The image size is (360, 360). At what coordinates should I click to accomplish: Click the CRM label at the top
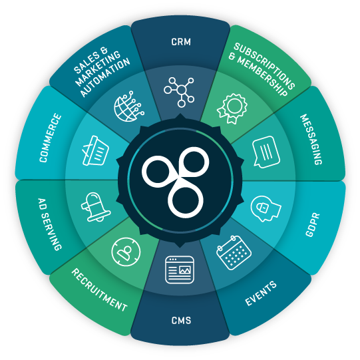[x=181, y=42]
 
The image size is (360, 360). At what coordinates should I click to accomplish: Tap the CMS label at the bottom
[x=181, y=320]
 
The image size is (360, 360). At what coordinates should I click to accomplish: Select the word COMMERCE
[x=51, y=138]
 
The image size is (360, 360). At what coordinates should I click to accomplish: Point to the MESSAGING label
[x=311, y=139]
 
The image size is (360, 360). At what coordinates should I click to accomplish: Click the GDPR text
[x=313, y=224]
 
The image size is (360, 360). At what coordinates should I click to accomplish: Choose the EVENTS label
[x=261, y=293]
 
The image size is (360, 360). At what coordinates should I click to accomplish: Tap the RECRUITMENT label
[x=99, y=290]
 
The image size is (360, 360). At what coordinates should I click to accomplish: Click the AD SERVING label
[x=50, y=224]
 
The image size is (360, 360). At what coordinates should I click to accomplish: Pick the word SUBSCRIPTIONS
[x=264, y=66]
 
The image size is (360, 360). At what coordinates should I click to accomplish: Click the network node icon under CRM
[x=179, y=92]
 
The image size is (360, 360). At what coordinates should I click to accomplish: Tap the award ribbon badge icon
[x=232, y=108]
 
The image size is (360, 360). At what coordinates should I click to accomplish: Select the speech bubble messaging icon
[x=266, y=152]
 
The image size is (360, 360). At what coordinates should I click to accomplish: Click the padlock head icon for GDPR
[x=266, y=208]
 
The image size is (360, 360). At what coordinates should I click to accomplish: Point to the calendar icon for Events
[x=234, y=253]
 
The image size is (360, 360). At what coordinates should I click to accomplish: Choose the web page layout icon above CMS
[x=180, y=270]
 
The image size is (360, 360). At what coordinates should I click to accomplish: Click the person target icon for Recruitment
[x=126, y=252]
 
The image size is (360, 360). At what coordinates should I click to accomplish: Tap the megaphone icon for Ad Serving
[x=96, y=207]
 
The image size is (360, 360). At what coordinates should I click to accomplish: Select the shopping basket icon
[x=96, y=150]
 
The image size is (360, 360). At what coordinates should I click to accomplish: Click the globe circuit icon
[x=129, y=106]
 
